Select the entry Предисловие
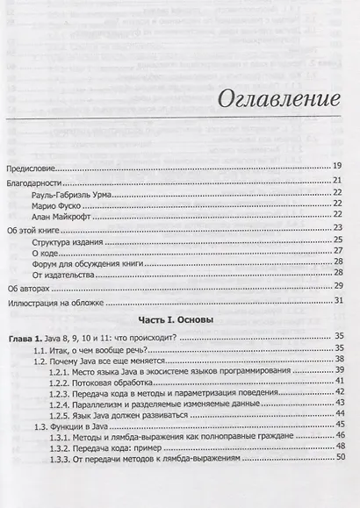point(33,165)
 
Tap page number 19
point(337,165)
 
